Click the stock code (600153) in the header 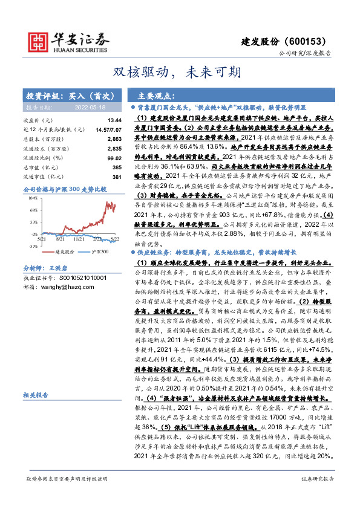[309, 41]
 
